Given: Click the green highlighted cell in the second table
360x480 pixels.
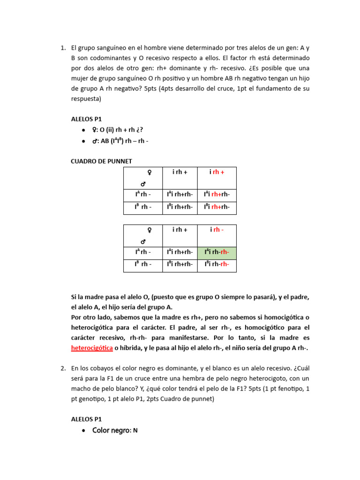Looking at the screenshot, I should [217, 253].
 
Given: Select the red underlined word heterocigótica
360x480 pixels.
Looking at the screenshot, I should [92, 348].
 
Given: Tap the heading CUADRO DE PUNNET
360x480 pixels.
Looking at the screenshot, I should [101, 161].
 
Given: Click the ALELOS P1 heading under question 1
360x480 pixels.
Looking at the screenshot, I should [86, 119].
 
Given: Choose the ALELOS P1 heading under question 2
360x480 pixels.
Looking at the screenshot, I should [86, 419].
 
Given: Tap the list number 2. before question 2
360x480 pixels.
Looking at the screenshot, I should [63, 368].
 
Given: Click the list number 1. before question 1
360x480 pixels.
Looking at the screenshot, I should [63, 48].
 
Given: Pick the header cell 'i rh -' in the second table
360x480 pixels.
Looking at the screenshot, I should [217, 230].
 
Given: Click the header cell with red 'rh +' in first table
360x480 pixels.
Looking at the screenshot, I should [217, 172].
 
